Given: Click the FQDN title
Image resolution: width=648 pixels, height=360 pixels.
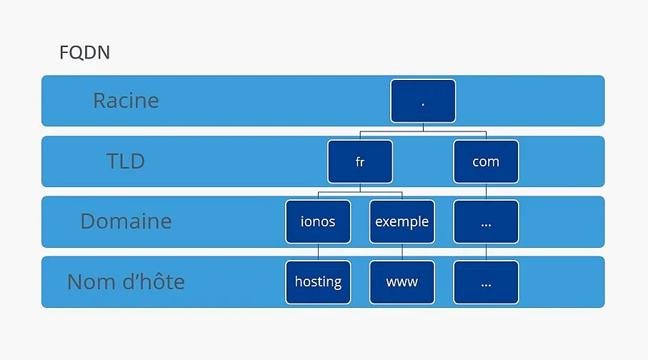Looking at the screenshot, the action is tap(85, 52).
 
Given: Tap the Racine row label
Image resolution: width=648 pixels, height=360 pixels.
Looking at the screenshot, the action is tap(126, 101).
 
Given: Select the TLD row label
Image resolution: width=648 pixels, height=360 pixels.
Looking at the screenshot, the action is tap(126, 161).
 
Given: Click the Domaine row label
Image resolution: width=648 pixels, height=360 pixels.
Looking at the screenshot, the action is tap(126, 221).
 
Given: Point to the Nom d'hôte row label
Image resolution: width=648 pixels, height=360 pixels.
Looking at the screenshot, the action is tap(126, 281).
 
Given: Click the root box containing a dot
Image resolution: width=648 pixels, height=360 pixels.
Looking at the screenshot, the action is tap(423, 101).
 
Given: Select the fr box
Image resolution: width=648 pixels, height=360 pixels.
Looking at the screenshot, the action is tap(360, 161).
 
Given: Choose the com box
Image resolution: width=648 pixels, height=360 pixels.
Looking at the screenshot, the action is tap(486, 161).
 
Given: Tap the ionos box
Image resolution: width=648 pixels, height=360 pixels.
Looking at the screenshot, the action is tap(318, 221).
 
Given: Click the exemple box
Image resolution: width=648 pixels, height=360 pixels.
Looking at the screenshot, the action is tap(402, 221).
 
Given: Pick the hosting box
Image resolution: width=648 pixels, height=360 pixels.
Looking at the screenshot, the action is tap(318, 282).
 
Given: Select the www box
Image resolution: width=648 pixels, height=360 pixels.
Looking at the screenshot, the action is tap(402, 282).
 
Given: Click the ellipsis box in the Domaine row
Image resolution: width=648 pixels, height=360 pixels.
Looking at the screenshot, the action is tap(486, 221).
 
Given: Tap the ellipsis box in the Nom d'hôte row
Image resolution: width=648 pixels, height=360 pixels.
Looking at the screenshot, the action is tap(486, 282).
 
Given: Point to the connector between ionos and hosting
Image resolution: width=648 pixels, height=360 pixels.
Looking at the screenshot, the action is tap(318, 252).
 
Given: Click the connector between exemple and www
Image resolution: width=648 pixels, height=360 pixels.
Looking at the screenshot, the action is tap(402, 252).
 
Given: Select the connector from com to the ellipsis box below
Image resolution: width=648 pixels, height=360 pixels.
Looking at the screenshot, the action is tap(486, 191).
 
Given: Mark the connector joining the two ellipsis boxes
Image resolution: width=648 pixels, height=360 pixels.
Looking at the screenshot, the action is tap(486, 252).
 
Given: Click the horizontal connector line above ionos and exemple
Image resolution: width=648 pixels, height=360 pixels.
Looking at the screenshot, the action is tap(360, 192).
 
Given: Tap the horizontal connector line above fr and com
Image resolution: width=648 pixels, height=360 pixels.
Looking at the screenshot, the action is tap(423, 131).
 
